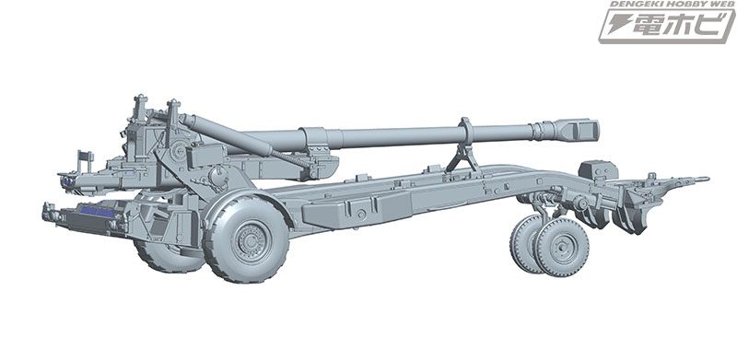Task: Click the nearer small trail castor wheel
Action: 562,246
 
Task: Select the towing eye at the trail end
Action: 702,179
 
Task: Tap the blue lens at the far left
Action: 65,180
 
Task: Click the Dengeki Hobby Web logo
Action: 664,28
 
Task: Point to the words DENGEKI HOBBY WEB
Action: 664,6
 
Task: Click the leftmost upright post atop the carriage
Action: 137,110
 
